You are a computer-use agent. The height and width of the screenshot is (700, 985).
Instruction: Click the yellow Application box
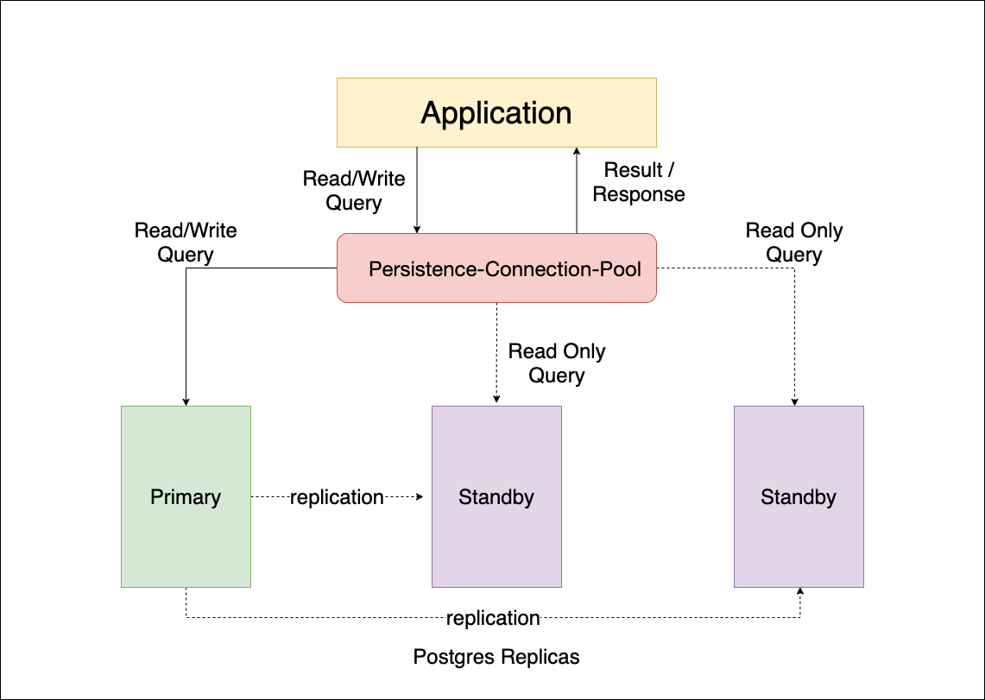coord(496,112)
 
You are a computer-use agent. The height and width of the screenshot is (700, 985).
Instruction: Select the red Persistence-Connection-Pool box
coord(496,268)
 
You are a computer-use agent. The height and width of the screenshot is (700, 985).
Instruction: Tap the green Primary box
coord(186,497)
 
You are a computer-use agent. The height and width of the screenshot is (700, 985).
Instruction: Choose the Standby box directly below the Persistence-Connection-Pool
coord(496,497)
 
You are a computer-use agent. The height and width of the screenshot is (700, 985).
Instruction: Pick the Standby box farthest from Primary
coord(799,497)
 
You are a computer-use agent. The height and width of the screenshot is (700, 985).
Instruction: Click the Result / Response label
coord(638,182)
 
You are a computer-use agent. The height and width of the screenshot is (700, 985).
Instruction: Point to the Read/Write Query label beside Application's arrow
coord(354,191)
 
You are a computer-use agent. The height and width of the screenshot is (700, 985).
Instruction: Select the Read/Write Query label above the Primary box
coord(186,243)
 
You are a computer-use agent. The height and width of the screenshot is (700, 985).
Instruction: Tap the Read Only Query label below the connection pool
coord(557,363)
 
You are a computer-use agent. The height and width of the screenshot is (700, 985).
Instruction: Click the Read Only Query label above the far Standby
coord(794,243)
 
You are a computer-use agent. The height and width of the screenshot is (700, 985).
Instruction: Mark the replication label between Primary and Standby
coord(337,497)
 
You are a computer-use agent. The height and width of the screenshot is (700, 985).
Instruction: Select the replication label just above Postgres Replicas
coord(493,618)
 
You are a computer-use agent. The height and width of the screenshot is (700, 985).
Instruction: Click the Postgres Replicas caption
coord(496,657)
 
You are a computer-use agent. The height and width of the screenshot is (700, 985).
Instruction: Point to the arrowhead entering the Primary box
coord(186,401)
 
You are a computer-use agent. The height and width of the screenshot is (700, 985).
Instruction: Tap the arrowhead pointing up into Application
coord(576,153)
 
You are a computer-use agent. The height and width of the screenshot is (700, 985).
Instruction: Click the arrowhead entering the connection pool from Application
coord(418,229)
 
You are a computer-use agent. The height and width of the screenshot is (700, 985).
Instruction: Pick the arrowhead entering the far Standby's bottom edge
coord(800,592)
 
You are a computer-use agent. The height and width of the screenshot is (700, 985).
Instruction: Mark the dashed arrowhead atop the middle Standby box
coord(496,401)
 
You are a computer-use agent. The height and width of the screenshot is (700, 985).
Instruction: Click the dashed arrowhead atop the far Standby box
coord(794,401)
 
